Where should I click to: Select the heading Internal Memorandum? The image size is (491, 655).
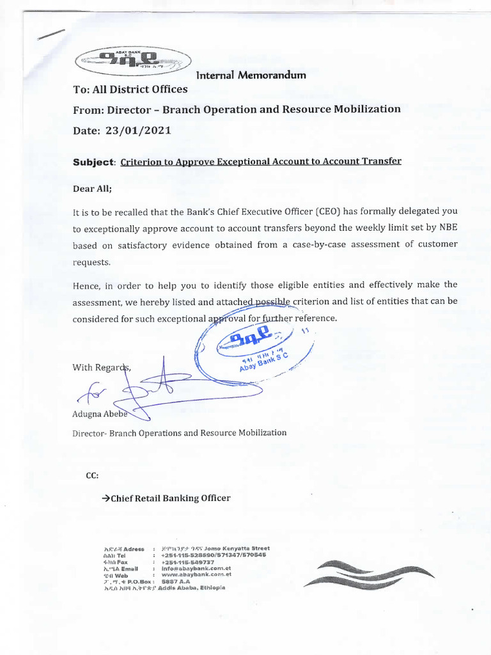point(251,75)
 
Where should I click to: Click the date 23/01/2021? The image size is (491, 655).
point(139,130)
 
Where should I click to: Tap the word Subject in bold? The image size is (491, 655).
point(93,162)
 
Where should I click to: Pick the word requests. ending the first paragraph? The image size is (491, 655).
point(91,262)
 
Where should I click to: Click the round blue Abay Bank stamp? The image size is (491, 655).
point(263,349)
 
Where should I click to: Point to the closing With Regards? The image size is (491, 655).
point(101,367)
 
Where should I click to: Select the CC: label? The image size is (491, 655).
point(93,475)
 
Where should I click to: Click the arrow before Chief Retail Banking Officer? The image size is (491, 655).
point(106,498)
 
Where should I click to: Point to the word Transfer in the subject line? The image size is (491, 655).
point(380,161)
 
